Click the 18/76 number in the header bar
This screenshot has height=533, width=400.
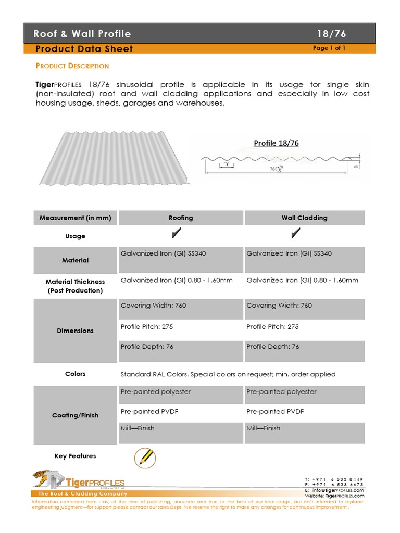(x=331, y=34)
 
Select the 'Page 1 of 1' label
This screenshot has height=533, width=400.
(x=329, y=48)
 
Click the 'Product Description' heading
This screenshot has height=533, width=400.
(x=72, y=66)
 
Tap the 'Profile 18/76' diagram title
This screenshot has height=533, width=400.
(x=276, y=143)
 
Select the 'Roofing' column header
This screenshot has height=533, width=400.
(x=181, y=218)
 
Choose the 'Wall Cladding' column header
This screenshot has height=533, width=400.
(x=304, y=218)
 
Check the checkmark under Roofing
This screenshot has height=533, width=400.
(x=177, y=234)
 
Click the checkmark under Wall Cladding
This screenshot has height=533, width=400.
(x=296, y=234)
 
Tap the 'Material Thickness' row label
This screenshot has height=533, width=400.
(x=75, y=286)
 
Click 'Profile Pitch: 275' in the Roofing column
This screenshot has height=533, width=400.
(x=147, y=327)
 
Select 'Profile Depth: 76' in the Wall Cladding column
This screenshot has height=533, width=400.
(x=272, y=347)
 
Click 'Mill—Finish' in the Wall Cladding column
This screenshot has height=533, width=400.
(x=263, y=428)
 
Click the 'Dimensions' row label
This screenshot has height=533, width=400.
(x=75, y=331)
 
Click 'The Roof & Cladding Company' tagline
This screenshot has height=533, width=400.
(x=82, y=493)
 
